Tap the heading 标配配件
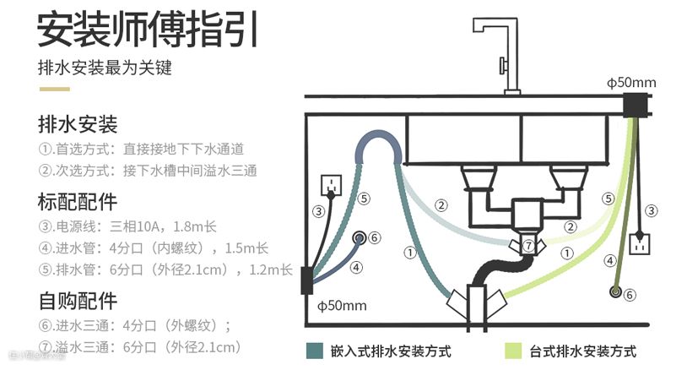coord(77,203)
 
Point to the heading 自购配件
coord(77,301)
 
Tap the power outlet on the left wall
coord(332,184)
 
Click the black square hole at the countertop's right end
coord(635,106)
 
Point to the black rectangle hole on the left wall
coord(306,280)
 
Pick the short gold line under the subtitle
coord(52,88)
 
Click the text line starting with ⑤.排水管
coord(165,270)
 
